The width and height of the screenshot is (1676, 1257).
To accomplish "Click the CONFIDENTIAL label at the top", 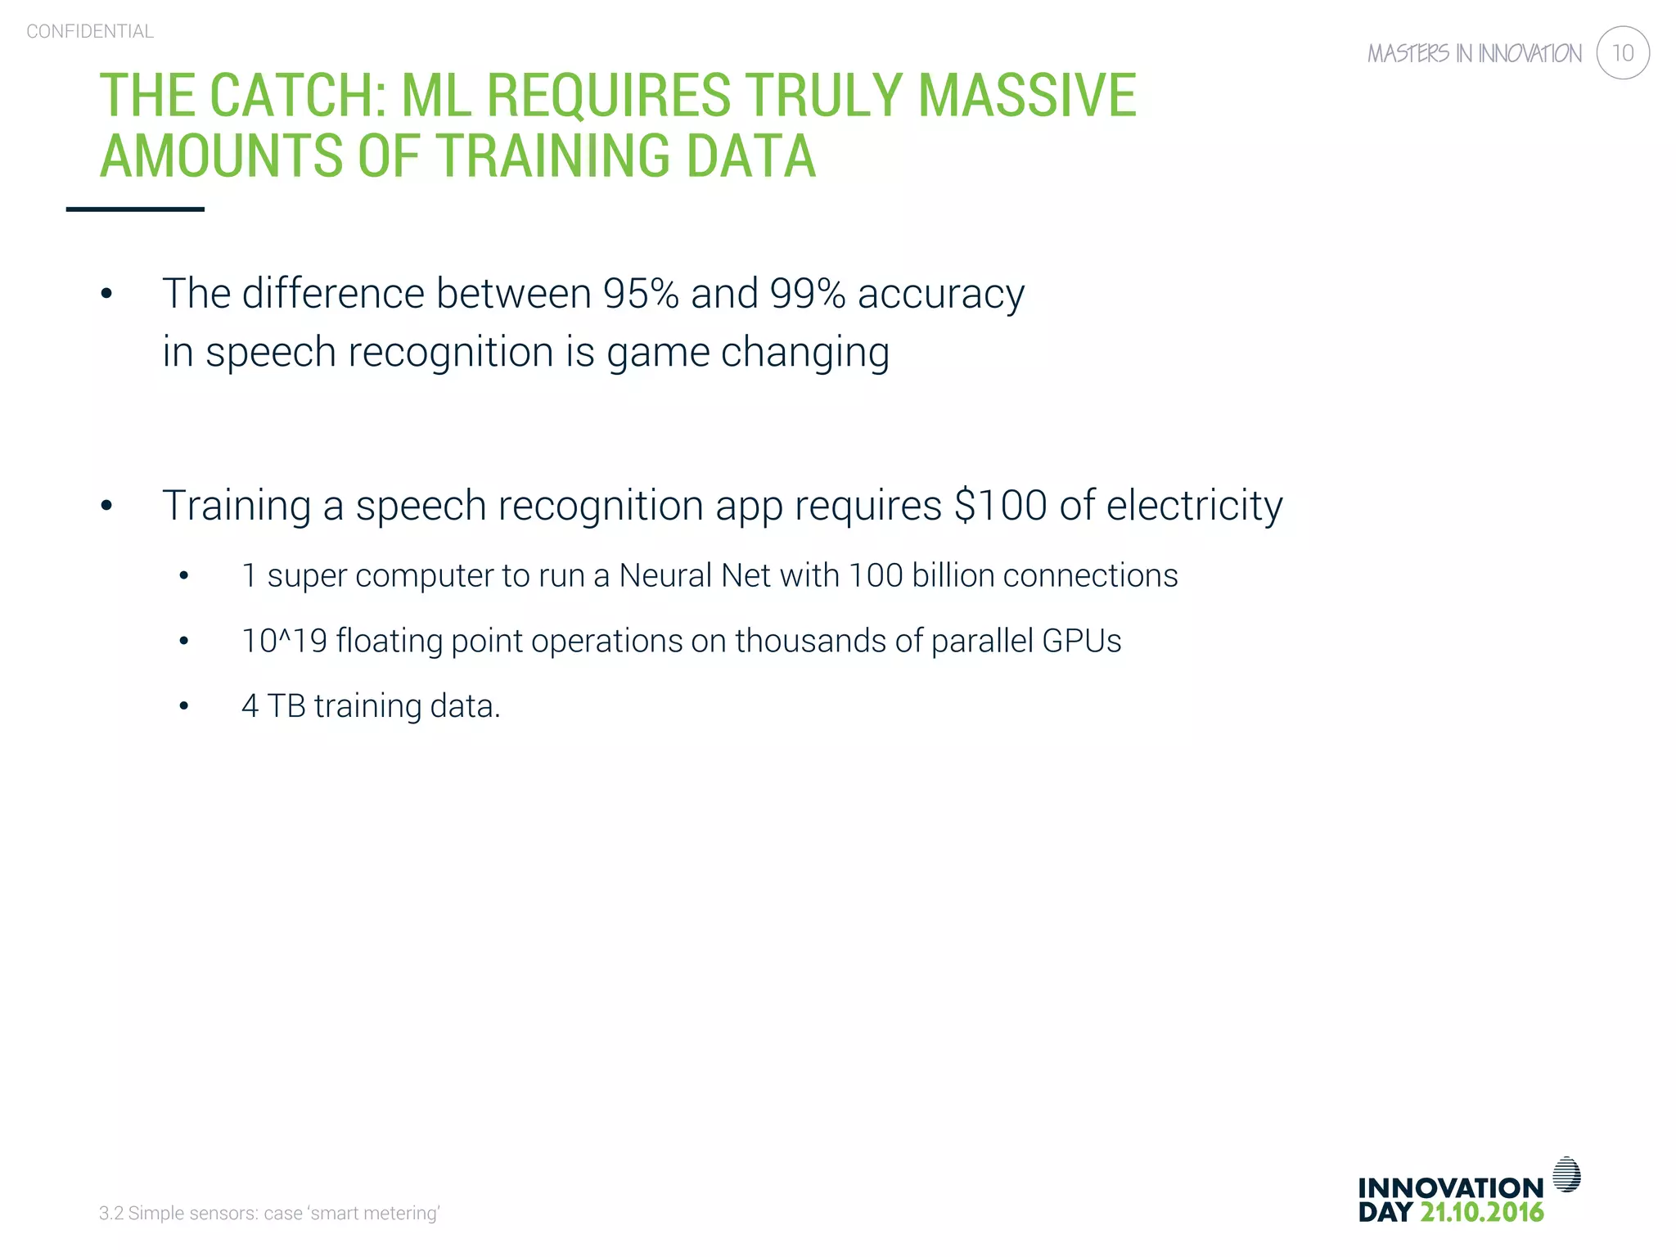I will click(x=90, y=31).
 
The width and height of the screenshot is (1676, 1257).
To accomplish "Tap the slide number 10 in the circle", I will click(x=1622, y=53).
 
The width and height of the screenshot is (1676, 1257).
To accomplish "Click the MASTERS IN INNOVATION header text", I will click(x=1474, y=54).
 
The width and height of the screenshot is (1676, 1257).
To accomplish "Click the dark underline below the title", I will click(x=135, y=209).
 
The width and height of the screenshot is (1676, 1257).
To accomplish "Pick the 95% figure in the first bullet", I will click(x=641, y=293).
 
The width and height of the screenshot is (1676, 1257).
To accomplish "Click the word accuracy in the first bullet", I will click(x=941, y=295).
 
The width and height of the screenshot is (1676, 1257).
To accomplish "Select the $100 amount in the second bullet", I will click(x=1000, y=505).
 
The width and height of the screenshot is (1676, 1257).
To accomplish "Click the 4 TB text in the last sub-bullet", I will click(x=273, y=705).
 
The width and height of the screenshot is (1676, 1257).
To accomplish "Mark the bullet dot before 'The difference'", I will click(x=106, y=294).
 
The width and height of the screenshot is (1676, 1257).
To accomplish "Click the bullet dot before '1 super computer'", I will click(x=184, y=577).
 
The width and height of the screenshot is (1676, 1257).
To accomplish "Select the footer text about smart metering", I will click(x=269, y=1213).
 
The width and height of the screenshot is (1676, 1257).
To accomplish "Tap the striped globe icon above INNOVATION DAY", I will click(x=1566, y=1174).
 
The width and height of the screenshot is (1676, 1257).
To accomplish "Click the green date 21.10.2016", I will click(x=1481, y=1212).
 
